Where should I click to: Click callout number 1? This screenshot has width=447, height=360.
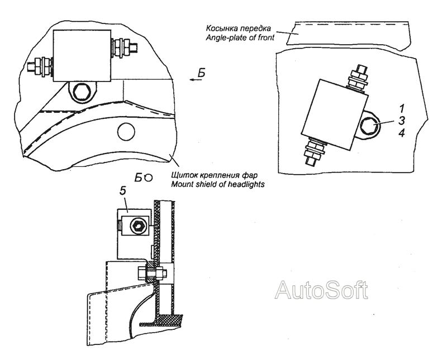point(402,108)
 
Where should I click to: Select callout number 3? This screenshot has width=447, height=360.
point(401,121)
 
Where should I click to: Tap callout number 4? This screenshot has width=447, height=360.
point(402,133)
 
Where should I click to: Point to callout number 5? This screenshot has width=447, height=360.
point(122,191)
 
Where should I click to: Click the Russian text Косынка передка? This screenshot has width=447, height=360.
point(239,29)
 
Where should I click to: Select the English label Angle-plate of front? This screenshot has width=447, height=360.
point(240,37)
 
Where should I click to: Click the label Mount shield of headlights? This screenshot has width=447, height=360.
point(218,184)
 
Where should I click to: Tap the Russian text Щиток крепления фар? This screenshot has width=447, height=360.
point(214,174)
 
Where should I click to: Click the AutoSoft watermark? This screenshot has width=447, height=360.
point(321,290)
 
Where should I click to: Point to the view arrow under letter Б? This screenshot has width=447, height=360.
point(196,80)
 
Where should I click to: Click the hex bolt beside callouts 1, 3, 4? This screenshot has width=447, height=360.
point(368,126)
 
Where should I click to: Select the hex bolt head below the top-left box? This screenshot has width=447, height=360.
point(82,92)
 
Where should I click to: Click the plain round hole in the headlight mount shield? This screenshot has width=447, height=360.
point(126,132)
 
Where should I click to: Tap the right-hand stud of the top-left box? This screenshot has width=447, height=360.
point(124,46)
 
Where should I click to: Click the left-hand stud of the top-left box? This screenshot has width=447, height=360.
point(40,66)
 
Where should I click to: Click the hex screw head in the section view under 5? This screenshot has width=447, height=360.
point(137,227)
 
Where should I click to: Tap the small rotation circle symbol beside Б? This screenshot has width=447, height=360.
point(149,178)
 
